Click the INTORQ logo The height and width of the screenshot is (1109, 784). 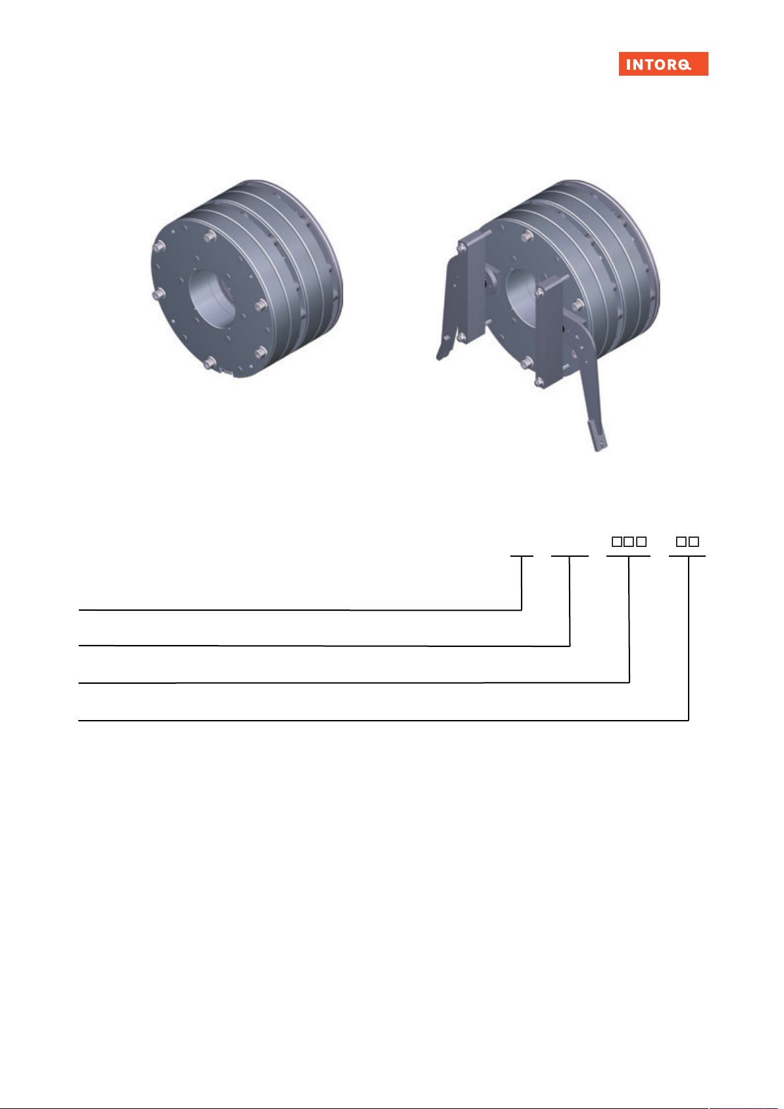click(x=663, y=64)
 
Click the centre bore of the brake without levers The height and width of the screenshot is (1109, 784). click(x=212, y=299)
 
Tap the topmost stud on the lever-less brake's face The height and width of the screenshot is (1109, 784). click(x=210, y=237)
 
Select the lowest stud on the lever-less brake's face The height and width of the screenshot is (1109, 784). click(x=210, y=364)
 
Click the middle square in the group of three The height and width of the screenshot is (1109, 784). click(x=629, y=541)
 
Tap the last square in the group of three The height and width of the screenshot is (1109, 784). click(x=641, y=541)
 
